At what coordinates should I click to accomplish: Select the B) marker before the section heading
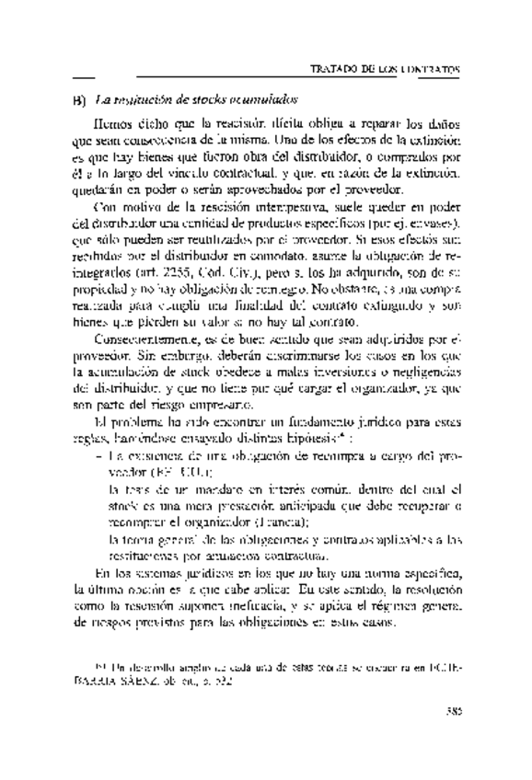point(78,97)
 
